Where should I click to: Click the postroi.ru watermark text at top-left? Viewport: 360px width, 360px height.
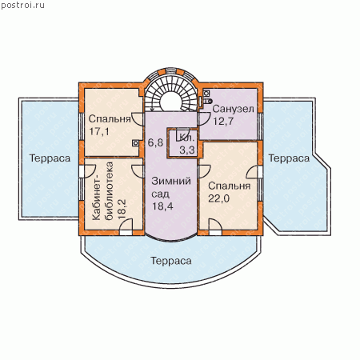tap(22, 6)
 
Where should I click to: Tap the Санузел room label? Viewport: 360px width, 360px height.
tap(233, 109)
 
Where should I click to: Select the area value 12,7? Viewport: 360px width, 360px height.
tap(223, 122)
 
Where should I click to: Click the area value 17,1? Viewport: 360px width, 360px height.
tap(99, 131)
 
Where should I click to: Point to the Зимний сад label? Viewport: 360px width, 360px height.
tap(171, 187)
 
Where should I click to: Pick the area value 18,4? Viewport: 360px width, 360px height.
tap(162, 206)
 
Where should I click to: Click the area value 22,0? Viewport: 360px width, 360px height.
tap(218, 198)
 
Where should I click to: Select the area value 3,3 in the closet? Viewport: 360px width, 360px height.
tap(187, 150)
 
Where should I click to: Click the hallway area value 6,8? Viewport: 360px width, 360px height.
tap(155, 142)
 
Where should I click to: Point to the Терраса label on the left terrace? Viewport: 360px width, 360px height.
tap(50, 158)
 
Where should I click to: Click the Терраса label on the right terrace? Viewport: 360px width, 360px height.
tap(289, 158)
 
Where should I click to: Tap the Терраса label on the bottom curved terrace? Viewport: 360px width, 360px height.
tap(171, 261)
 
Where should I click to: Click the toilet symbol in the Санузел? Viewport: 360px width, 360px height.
tap(208, 101)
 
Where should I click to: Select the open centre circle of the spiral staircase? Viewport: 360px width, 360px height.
tap(171, 101)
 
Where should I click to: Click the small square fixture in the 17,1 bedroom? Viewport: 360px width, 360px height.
tap(136, 143)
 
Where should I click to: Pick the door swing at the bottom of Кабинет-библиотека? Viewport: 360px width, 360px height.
tap(126, 227)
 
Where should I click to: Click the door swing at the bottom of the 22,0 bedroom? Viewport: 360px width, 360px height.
tap(215, 227)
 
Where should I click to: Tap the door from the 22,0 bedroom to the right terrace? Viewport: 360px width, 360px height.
tap(254, 172)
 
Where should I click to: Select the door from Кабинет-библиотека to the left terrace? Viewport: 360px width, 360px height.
tap(87, 171)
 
